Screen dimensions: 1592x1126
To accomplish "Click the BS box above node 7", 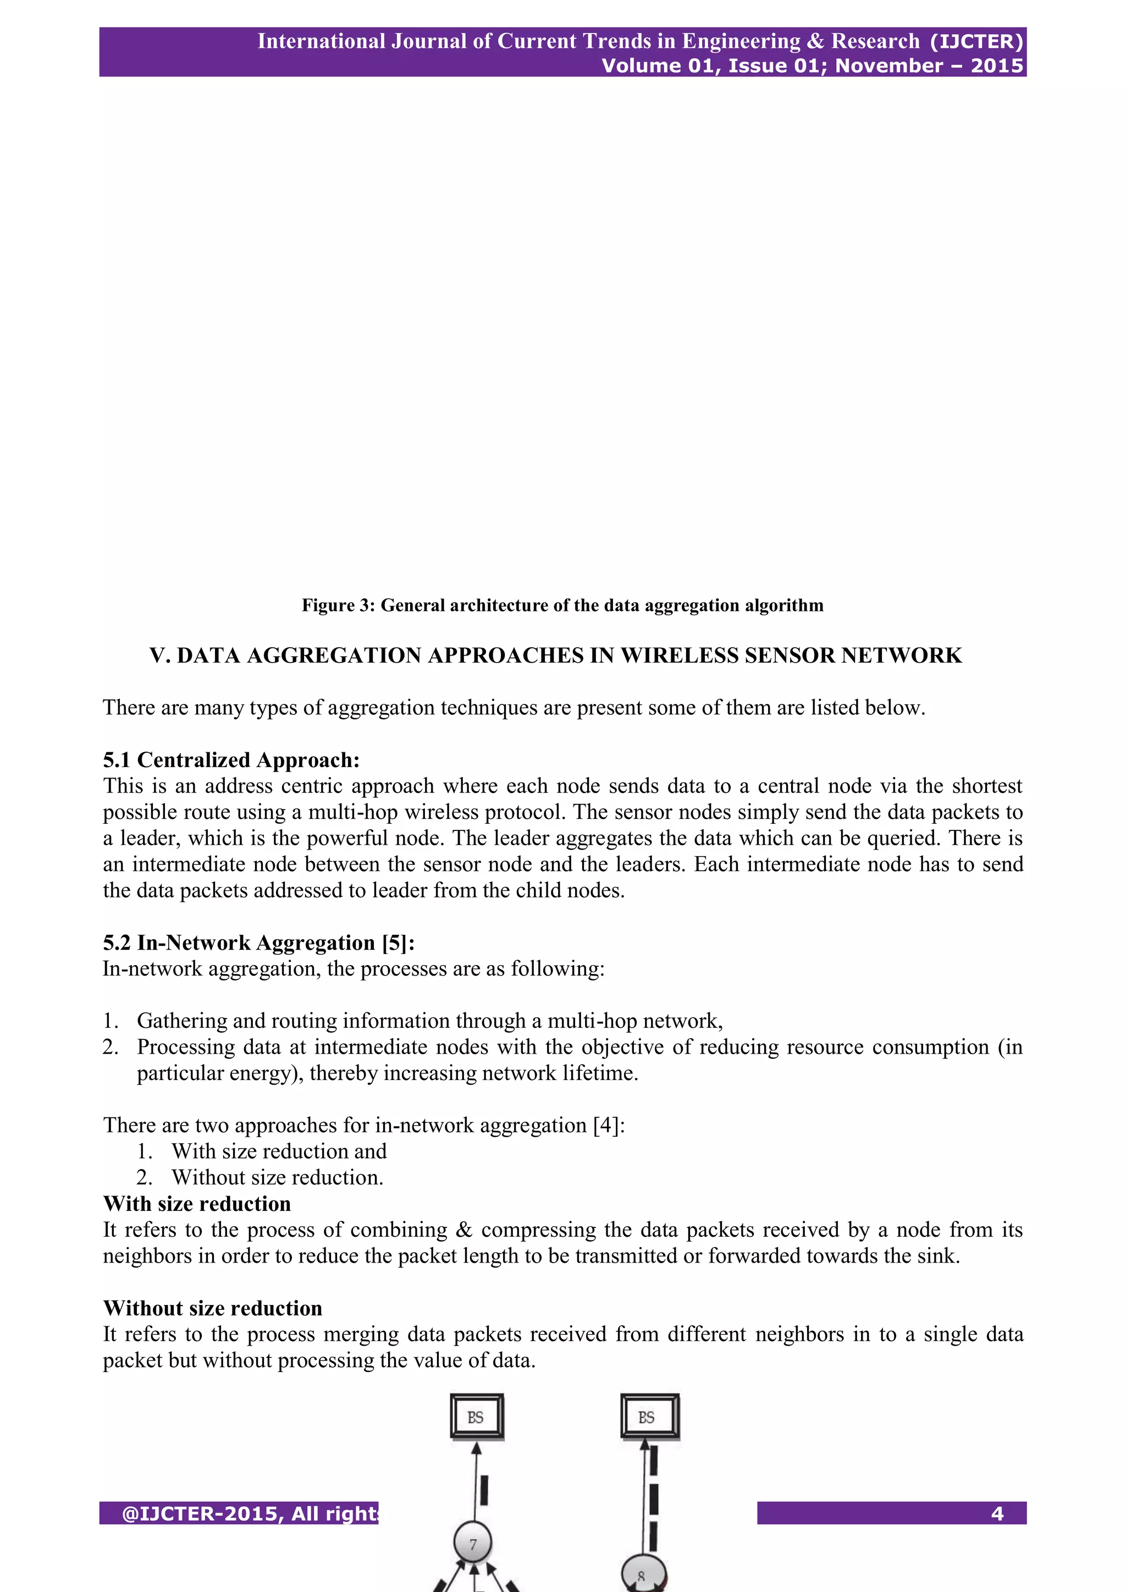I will click(x=476, y=1417).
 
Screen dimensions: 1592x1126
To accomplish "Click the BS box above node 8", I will click(x=649, y=1417).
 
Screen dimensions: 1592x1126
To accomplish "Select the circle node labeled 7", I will click(x=473, y=1544).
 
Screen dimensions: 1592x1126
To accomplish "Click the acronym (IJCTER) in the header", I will click(x=976, y=42).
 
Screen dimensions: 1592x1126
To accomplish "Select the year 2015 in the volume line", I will click(x=996, y=66).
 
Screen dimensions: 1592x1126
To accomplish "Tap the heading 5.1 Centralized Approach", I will click(x=231, y=760).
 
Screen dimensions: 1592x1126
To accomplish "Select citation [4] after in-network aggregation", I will click(x=608, y=1125).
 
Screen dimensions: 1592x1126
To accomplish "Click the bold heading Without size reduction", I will click(x=212, y=1308).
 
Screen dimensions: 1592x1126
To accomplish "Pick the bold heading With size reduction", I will click(x=197, y=1204).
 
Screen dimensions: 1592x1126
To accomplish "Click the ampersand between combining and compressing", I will click(x=464, y=1230).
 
